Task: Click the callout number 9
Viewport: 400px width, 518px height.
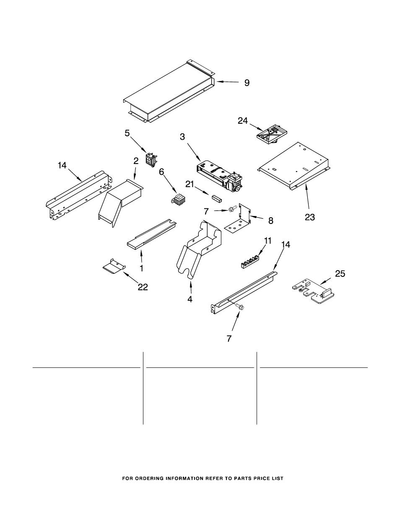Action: [x=247, y=83]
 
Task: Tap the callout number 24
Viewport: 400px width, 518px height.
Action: [x=243, y=121]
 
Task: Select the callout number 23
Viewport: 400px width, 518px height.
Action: [x=310, y=217]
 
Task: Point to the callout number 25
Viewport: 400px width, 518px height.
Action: [x=340, y=273]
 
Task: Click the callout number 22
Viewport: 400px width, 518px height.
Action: [x=143, y=287]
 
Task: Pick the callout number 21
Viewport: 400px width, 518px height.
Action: [x=190, y=184]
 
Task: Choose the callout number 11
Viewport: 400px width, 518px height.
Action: [x=268, y=241]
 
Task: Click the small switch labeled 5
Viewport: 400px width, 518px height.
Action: [x=151, y=159]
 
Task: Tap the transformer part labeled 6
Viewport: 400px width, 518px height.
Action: [x=179, y=200]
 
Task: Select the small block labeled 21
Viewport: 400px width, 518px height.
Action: [x=217, y=198]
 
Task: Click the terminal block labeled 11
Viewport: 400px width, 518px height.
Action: [x=249, y=262]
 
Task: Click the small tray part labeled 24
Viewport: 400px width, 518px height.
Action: [x=272, y=135]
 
